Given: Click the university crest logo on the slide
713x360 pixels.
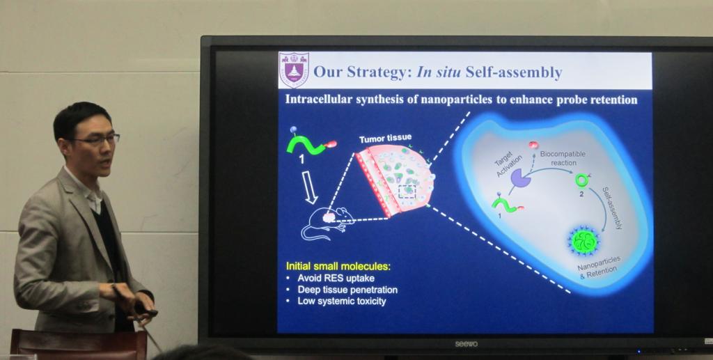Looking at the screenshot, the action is click(294, 70).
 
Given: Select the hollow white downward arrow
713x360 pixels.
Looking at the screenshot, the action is click(310, 187).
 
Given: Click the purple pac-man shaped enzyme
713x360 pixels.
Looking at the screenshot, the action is click(521, 178).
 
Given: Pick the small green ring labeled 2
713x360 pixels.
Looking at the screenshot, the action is click(581, 180).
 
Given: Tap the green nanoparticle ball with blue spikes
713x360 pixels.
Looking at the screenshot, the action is click(584, 242).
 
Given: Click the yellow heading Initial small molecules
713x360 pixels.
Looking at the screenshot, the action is click(338, 267).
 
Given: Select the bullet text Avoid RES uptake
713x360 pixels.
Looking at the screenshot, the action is click(336, 278).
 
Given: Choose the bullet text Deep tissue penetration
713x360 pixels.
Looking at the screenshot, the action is click(347, 290).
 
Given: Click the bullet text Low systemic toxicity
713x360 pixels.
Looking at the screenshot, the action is click(341, 301).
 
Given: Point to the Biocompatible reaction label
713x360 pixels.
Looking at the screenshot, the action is click(563, 158).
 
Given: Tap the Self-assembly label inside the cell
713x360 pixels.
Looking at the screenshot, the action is click(612, 208).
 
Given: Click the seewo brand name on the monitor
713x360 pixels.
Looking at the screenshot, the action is click(467, 344).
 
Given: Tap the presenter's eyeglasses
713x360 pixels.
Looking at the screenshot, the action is click(97, 139).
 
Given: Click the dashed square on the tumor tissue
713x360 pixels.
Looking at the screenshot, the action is click(407, 191).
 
